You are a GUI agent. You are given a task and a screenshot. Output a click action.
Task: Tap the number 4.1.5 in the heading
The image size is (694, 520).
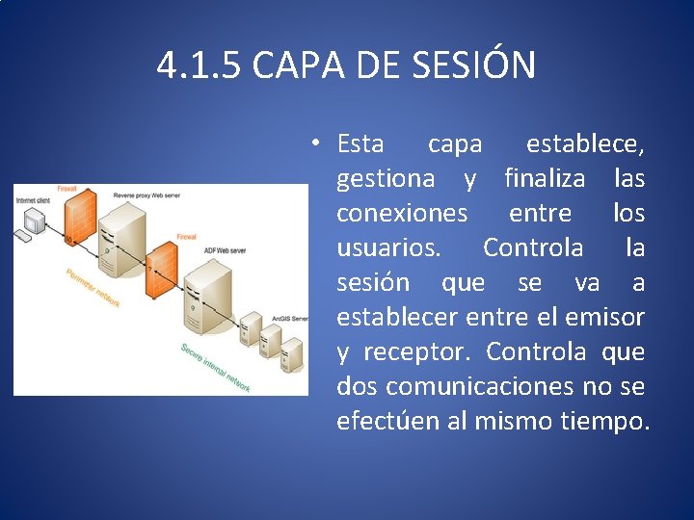pyautogui.click(x=199, y=65)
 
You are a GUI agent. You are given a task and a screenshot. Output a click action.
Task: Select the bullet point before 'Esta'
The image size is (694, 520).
pyautogui.click(x=315, y=143)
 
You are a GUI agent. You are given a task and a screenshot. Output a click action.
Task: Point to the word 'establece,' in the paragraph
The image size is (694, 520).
pyautogui.click(x=585, y=144)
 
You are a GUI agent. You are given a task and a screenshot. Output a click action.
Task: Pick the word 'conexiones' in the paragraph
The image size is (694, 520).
pyautogui.click(x=402, y=214)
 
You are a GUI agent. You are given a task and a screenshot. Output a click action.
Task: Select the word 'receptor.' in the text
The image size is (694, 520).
pyautogui.click(x=416, y=352)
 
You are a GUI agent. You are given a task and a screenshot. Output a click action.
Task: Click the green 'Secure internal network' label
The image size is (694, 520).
pyautogui.click(x=215, y=368)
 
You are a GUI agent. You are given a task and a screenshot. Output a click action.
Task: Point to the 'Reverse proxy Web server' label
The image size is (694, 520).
pyautogui.click(x=150, y=195)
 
